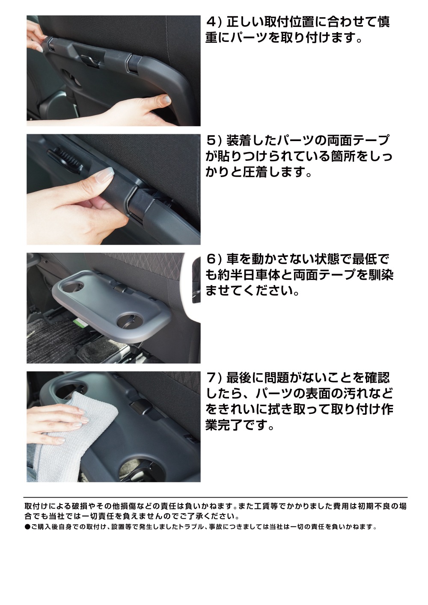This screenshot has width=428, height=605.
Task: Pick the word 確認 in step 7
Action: click(377, 378)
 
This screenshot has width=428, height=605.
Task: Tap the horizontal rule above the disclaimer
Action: click(216, 497)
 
